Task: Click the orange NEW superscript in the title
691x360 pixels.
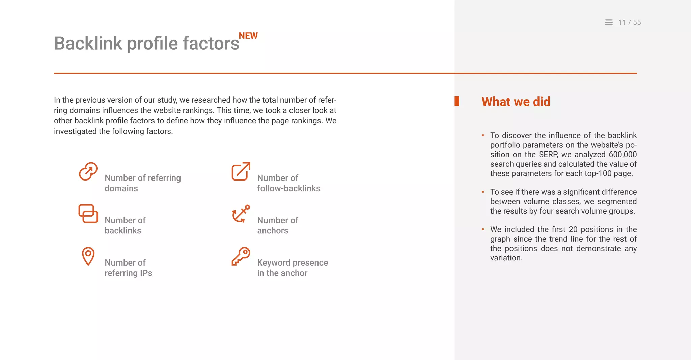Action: click(248, 36)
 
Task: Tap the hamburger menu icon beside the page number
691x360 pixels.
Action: click(609, 22)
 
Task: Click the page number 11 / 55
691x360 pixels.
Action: click(629, 22)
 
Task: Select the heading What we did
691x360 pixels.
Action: click(516, 102)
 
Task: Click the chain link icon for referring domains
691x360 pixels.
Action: click(88, 171)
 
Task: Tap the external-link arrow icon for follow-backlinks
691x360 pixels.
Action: click(241, 171)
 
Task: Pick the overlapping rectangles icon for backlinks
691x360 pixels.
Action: click(88, 214)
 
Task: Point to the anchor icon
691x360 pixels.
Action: click(241, 214)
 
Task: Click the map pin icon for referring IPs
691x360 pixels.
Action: click(88, 256)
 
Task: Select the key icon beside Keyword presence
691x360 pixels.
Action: click(241, 256)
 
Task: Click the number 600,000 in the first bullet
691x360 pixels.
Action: click(623, 155)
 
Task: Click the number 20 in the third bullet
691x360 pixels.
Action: click(573, 229)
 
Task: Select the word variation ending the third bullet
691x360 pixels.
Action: click(506, 258)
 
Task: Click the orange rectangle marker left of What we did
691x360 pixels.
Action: click(457, 101)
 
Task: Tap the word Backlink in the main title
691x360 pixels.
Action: click(88, 44)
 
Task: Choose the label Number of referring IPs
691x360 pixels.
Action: click(128, 268)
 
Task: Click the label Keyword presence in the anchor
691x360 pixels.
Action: click(292, 268)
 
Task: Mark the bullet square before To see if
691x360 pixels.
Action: click(483, 192)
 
